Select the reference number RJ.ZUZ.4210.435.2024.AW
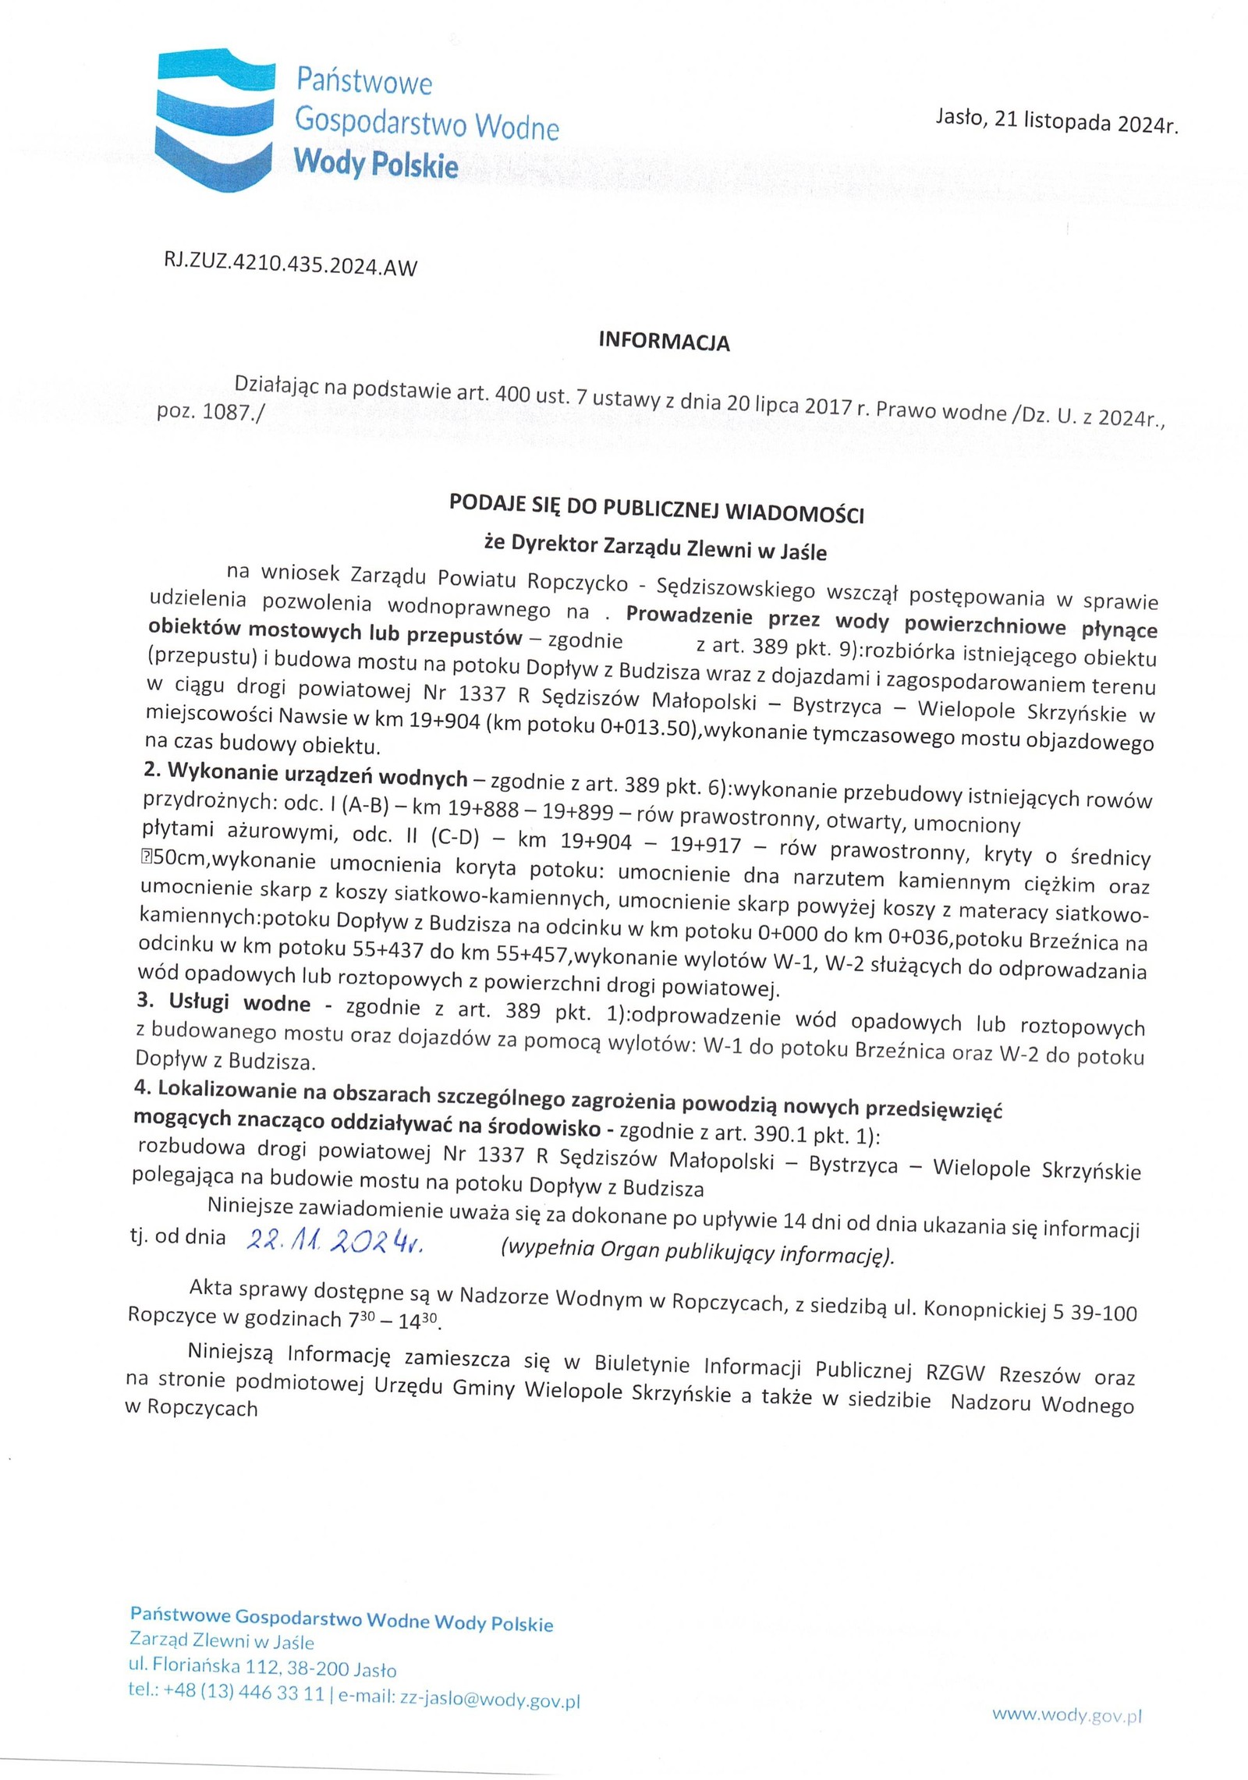pyautogui.click(x=286, y=265)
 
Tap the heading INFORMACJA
pyautogui.click(x=663, y=342)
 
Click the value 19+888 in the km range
pyautogui.click(x=486, y=809)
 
